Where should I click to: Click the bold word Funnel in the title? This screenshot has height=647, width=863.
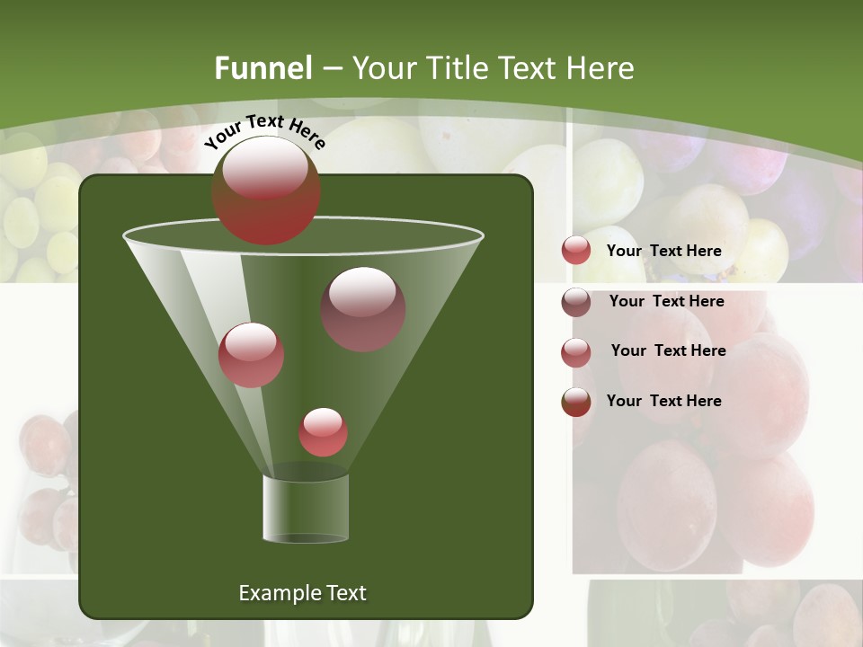[x=262, y=68]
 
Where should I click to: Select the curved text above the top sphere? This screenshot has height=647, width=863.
[x=264, y=131]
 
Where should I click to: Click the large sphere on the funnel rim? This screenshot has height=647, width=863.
[x=265, y=190]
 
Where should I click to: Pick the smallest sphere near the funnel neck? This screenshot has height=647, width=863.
[x=323, y=431]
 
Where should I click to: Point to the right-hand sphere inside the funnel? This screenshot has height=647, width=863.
[x=363, y=308]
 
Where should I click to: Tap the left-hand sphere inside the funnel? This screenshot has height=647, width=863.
[x=251, y=354]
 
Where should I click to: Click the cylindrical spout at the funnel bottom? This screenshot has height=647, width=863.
[x=306, y=508]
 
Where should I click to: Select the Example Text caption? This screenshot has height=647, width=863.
[x=302, y=593]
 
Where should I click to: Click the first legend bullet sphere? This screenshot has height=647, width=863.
[x=576, y=251]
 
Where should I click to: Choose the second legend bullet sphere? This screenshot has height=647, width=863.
[x=576, y=302]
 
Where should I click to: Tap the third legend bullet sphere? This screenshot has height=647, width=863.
[x=576, y=352]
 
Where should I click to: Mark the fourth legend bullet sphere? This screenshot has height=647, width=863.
[x=576, y=402]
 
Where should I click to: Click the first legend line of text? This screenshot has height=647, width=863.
[x=663, y=252]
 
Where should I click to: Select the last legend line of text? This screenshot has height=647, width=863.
[x=663, y=401]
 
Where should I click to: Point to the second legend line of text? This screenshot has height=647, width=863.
[x=666, y=301]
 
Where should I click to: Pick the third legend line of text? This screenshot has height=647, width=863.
[x=668, y=350]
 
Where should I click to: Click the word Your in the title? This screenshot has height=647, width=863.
[x=382, y=68]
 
